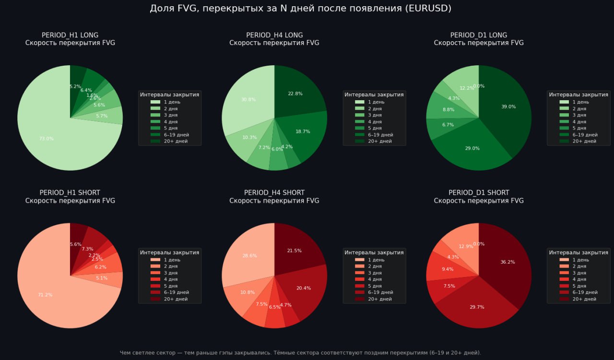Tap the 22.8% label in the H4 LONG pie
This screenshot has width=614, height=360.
pos(295,93)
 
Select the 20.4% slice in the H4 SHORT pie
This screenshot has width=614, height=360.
pos(303,288)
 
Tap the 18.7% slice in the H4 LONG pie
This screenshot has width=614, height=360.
pos(302,131)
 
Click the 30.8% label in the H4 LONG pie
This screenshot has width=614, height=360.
pos(248,100)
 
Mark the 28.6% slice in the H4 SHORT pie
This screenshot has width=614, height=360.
pos(249,256)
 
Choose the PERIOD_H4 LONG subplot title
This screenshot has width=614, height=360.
pos(274,35)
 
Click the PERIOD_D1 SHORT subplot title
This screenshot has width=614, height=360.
pos(479,193)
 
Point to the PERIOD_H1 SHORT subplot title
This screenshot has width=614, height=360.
pos(70,193)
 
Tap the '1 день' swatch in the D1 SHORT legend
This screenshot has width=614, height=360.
pos(565,260)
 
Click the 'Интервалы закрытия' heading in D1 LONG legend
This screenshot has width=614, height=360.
pos(579,95)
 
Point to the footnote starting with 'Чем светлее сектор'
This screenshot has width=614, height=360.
pos(300,353)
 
